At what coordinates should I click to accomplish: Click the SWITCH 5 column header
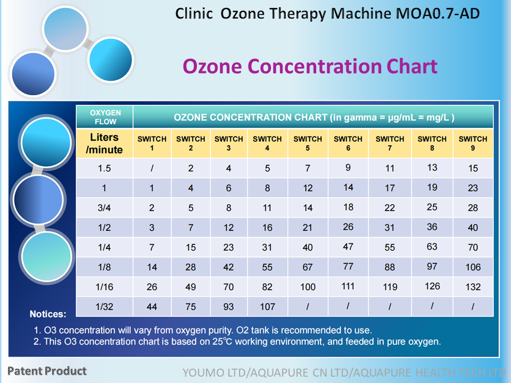point(308,143)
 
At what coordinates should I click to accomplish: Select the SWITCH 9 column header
point(473,143)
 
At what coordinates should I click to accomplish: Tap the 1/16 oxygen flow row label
point(104,287)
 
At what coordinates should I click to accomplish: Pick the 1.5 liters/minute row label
point(104,169)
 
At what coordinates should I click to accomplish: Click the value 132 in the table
point(473,287)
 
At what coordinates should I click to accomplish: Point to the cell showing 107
point(267,307)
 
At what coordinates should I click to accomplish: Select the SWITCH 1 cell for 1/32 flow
point(152,307)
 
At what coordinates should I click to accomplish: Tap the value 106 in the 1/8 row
point(473,267)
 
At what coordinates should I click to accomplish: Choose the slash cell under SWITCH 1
point(152,169)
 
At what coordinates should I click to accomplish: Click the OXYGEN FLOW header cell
point(105,117)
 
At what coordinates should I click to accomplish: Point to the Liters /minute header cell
point(104,144)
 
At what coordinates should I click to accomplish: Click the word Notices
point(48,314)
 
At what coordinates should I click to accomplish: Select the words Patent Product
point(47,371)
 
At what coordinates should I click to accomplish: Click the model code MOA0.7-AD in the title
point(438,14)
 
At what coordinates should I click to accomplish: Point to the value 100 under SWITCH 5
point(308,287)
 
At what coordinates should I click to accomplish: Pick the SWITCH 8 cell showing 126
point(432,286)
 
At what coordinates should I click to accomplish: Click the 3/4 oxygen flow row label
point(104,208)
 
